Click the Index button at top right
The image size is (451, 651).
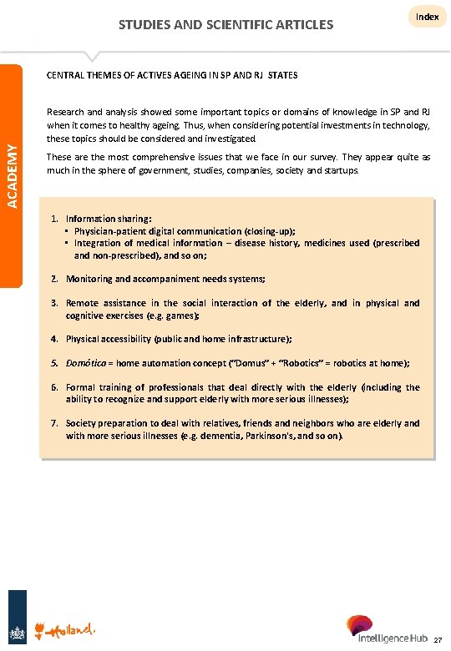click(x=428, y=17)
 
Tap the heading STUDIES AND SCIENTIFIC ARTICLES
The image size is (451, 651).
click(x=225, y=24)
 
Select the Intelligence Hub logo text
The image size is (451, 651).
click(x=392, y=638)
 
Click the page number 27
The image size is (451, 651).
click(x=438, y=640)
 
